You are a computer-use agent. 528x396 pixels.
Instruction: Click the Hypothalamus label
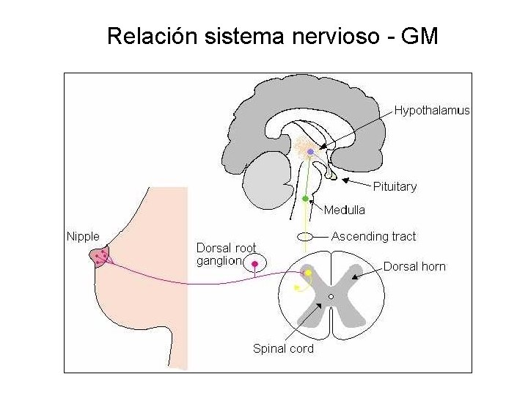pos(432,111)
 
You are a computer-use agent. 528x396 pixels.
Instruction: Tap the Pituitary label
pos(395,186)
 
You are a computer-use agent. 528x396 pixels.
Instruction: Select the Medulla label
pos(344,210)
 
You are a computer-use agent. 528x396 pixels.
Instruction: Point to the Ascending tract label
pos(373,236)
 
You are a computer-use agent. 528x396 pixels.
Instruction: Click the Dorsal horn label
pos(414,266)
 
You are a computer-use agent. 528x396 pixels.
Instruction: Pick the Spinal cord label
pos(283,348)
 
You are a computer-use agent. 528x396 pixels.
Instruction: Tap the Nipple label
pos(83,236)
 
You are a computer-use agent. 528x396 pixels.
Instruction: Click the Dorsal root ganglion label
pos(226,254)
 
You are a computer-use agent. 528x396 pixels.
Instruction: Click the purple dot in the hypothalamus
pos(310,152)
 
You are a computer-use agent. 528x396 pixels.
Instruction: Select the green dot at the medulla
pos(305,198)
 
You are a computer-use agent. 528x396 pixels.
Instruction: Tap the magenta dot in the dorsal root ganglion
pos(255,263)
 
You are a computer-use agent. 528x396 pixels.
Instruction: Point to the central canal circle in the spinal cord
pos(331,296)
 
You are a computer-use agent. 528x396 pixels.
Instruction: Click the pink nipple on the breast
pos(100,257)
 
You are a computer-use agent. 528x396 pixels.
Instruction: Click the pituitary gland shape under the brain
pos(331,175)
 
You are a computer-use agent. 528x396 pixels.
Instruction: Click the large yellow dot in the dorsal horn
pos(309,273)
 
